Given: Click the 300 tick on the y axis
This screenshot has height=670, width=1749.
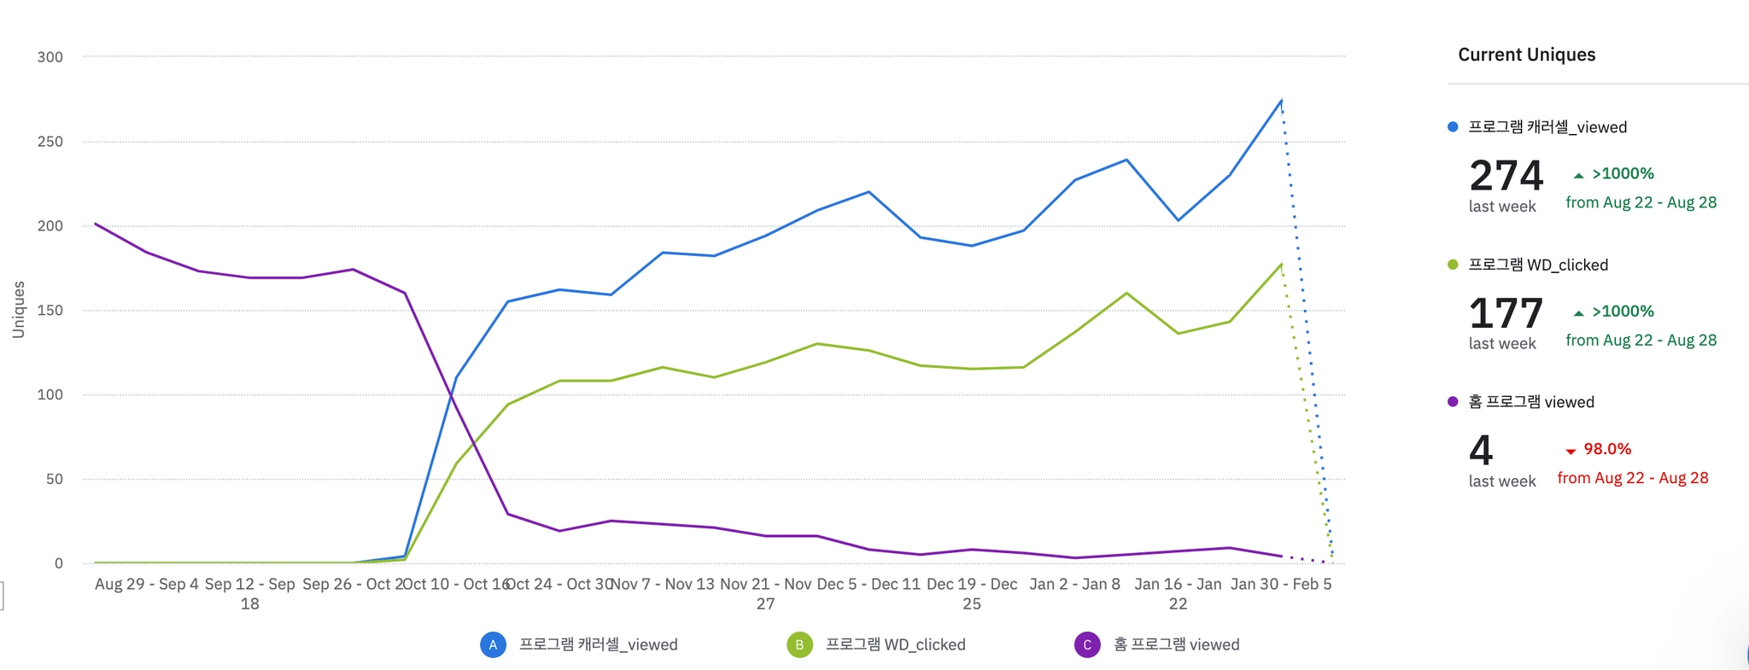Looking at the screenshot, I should (x=50, y=57).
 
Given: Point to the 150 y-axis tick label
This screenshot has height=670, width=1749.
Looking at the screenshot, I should (x=50, y=311).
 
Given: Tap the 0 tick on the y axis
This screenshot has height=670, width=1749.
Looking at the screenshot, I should (x=58, y=563).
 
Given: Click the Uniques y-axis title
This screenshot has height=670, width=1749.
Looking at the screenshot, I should (x=18, y=310).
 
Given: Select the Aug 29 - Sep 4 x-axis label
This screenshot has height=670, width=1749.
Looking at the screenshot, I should (x=147, y=585).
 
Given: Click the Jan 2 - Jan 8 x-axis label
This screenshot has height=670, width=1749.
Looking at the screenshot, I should (x=1074, y=585).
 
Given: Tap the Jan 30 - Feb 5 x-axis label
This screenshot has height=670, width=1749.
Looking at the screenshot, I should (x=1280, y=585).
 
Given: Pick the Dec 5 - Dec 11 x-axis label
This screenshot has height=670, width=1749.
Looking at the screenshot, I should (x=869, y=585).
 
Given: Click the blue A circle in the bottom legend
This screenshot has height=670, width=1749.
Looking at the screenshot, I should (x=493, y=645).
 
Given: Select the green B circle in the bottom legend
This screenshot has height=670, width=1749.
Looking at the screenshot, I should (x=799, y=645).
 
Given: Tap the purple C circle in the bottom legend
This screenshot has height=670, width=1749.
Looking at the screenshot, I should (x=1086, y=645).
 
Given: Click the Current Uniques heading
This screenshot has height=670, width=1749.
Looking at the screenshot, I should (x=1526, y=55).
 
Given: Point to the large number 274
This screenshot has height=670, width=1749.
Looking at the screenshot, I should (x=1506, y=176).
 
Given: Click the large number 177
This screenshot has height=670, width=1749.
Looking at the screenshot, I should (x=1506, y=313).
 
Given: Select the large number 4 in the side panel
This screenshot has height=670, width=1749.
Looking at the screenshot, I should (x=1481, y=451).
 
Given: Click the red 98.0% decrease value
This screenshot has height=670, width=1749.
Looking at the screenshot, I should (x=1607, y=449).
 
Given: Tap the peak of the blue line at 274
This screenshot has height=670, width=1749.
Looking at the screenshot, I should (x=1281, y=101).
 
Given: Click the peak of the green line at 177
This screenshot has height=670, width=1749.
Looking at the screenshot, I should (x=1281, y=265).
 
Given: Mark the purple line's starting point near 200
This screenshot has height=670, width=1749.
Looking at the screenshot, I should (x=96, y=224).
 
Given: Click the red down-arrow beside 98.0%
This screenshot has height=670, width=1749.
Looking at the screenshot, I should (x=1570, y=451).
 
